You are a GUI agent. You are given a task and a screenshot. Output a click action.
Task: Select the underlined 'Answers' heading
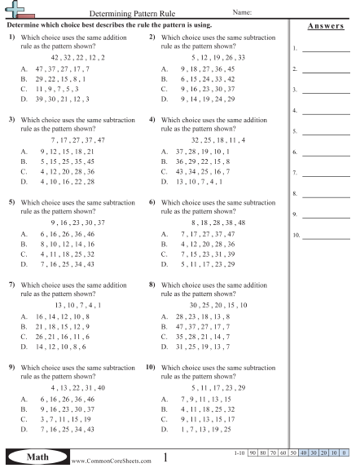[324, 26]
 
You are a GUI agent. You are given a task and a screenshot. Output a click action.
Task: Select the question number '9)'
[12, 367]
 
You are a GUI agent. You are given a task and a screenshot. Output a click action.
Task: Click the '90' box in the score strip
[252, 451]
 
